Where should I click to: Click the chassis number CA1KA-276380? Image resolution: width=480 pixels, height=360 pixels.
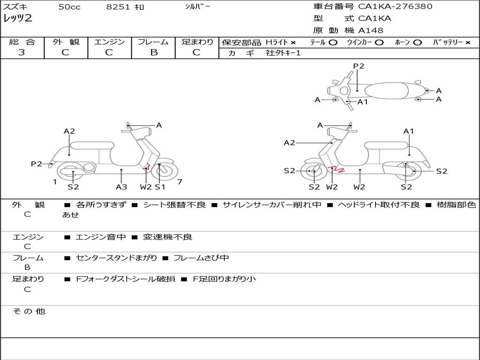coord(395,7)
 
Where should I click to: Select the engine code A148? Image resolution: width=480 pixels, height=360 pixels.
coord(371,30)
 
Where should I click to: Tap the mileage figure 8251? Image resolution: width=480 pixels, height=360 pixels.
coord(118,7)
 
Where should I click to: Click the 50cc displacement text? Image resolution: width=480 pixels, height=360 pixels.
coord(69,7)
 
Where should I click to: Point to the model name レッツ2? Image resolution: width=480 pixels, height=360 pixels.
coord(17,18)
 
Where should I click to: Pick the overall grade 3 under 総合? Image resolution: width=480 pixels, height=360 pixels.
coord(22,52)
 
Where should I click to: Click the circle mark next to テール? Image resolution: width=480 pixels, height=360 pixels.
coord(333,43)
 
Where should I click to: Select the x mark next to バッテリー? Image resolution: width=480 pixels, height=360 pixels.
coord(468,43)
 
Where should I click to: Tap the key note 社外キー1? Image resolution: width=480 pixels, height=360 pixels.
coord(283,53)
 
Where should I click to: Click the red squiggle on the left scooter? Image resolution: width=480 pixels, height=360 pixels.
coord(147,167)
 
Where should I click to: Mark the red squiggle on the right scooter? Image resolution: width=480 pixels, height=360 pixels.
coord(337,169)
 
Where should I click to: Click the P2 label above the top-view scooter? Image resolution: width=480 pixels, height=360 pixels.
coord(359,66)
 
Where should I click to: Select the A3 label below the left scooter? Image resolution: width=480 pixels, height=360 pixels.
coord(121,187)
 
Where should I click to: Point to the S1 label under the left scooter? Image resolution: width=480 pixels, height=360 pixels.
coord(160,187)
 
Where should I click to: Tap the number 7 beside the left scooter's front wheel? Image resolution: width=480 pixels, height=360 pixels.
coord(180,182)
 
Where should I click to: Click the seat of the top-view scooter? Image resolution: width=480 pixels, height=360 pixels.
coord(386,91)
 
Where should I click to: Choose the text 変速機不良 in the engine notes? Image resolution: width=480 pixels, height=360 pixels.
coord(167,237)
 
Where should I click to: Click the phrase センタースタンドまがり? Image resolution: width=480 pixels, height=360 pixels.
coord(116,258)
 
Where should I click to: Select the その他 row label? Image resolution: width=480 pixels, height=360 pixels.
coord(29,311)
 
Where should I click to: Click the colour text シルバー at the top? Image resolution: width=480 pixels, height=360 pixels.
coord(197,7)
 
